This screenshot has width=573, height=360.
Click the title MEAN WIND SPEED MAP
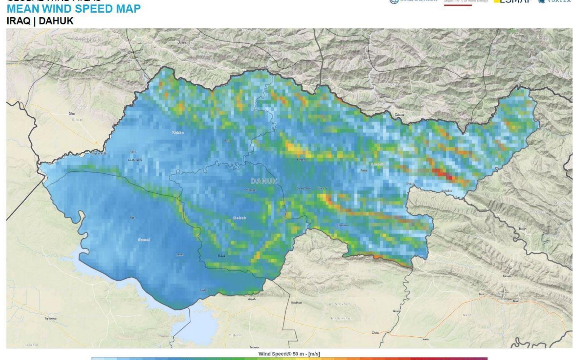[74, 9]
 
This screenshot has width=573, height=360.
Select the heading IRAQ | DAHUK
[40, 21]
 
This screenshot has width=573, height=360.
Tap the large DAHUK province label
[264, 181]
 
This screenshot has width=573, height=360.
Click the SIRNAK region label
[88, 39]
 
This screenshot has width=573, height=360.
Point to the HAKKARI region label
[533, 38]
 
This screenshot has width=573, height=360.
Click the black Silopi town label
[72, 113]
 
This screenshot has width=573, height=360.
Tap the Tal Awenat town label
[51, 318]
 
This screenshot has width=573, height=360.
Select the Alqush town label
[252, 299]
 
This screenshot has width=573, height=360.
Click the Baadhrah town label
[296, 302]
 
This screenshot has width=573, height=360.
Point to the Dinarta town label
[507, 276]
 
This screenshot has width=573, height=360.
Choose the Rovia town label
[425, 339]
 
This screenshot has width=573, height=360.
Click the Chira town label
[375, 332]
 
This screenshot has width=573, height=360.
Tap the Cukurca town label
[399, 115]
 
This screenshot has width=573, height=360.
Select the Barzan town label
[522, 228]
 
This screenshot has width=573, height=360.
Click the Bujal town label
[516, 301]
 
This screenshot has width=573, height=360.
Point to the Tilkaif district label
[235, 335]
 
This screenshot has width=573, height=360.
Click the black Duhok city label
[222, 256]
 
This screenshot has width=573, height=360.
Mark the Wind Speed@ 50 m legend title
[289, 354]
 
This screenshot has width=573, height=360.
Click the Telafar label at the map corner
[31, 345]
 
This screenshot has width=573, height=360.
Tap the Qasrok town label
[396, 311]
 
